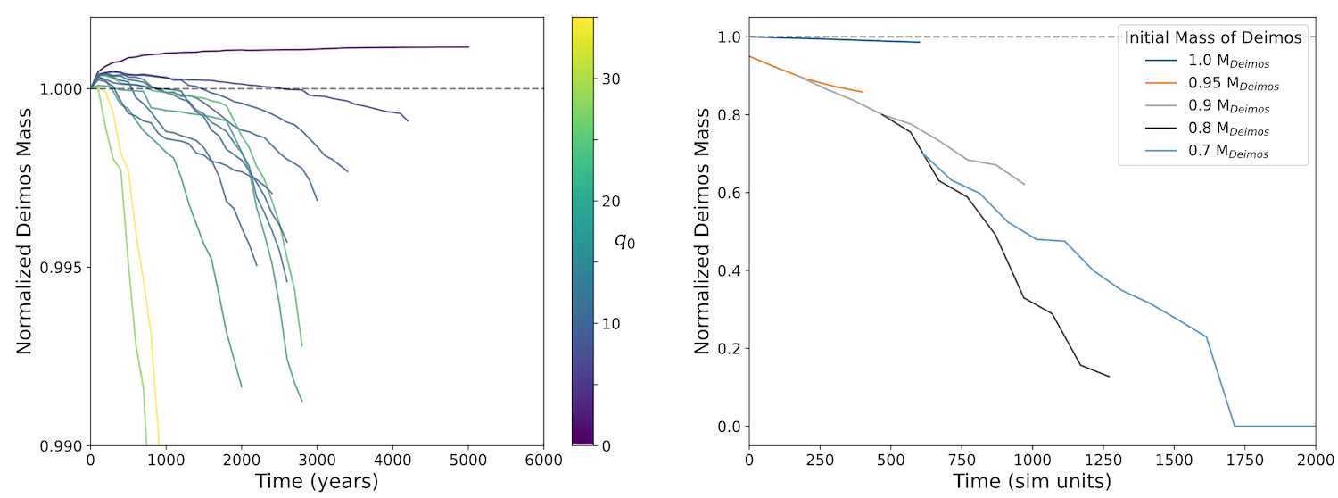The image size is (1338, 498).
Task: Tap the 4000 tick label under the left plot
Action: point(392,461)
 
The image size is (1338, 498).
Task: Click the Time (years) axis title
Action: point(317,482)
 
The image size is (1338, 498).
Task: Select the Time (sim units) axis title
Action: point(1033,482)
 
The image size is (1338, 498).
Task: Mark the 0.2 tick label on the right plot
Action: point(731,348)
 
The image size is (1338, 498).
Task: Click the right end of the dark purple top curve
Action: point(468,46)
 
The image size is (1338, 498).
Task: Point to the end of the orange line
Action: point(863,92)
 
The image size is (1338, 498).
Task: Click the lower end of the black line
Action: point(1109,377)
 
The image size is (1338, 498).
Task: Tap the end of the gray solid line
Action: point(1024,185)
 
